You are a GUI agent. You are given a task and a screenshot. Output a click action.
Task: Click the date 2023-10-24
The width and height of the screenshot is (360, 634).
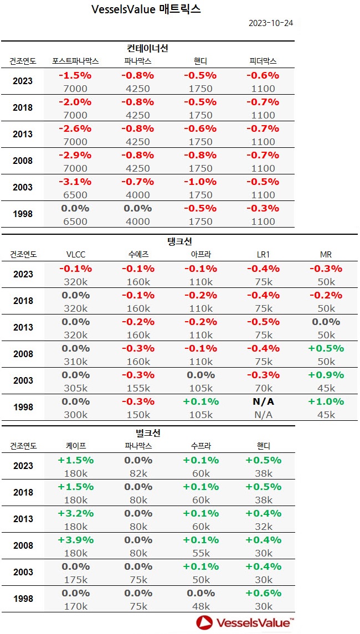click(x=271, y=23)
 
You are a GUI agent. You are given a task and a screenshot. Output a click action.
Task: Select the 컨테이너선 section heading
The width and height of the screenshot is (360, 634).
click(x=148, y=49)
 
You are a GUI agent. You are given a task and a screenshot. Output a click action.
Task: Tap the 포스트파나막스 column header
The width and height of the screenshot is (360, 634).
click(x=75, y=61)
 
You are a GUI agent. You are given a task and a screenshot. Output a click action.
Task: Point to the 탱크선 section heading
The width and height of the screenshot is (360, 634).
click(x=179, y=241)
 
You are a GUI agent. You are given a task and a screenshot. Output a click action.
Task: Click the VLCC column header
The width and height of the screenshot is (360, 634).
click(x=75, y=255)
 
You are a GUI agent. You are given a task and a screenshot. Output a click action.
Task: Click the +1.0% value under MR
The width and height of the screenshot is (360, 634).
click(x=326, y=401)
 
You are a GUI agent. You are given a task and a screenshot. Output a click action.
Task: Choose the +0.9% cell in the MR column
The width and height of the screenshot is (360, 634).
click(x=326, y=375)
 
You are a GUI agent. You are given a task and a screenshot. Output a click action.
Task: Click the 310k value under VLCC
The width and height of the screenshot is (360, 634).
click(x=75, y=362)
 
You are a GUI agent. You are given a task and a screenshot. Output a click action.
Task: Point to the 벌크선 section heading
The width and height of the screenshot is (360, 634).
click(x=148, y=433)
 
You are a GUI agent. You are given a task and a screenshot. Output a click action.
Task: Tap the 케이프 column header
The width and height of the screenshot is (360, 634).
click(x=75, y=446)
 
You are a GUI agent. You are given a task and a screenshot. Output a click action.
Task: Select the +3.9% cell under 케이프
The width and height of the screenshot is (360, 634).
click(x=75, y=540)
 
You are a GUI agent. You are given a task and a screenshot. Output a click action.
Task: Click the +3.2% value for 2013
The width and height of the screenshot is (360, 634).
click(x=75, y=513)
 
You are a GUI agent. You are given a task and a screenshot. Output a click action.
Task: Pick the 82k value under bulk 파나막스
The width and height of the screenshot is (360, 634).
click(x=138, y=473)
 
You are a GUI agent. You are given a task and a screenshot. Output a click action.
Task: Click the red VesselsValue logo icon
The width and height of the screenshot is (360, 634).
click(x=205, y=622)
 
